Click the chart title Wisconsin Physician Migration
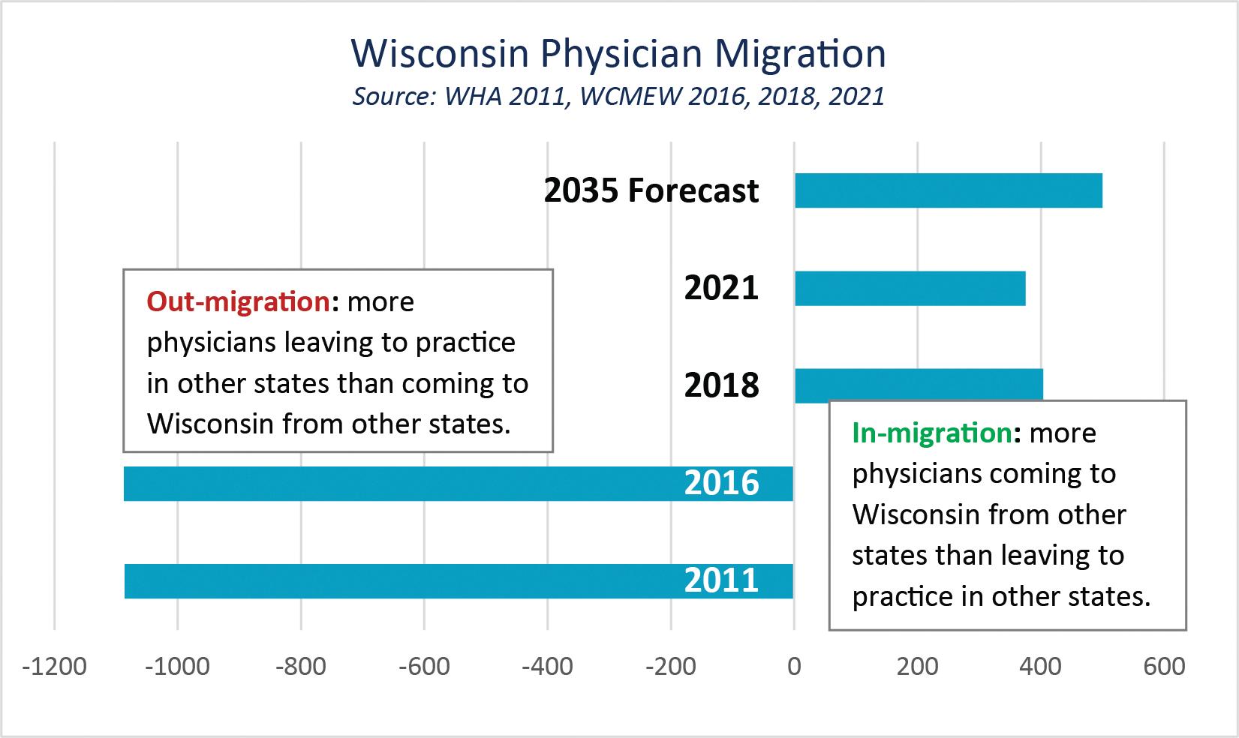(x=618, y=54)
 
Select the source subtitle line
(x=618, y=97)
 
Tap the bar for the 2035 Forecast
(x=949, y=190)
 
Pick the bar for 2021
(x=910, y=288)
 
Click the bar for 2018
(x=919, y=384)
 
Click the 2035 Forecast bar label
(x=651, y=191)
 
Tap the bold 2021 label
(x=721, y=289)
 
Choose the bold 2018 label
(x=721, y=385)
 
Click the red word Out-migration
(x=238, y=301)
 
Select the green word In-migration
(x=931, y=433)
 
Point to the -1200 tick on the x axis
(x=55, y=666)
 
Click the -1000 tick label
(x=178, y=666)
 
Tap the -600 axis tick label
(x=425, y=666)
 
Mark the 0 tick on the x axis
(x=794, y=666)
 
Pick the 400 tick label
(x=1041, y=666)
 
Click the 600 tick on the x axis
(x=1164, y=666)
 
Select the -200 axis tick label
(x=671, y=666)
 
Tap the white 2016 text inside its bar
(x=721, y=484)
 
